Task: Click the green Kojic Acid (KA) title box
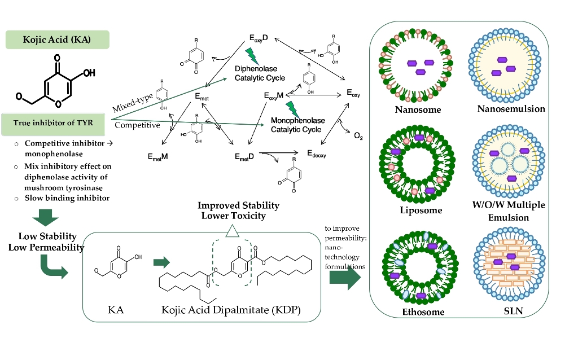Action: tap(57, 39)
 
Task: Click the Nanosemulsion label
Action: tap(511, 108)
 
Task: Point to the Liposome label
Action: tap(419, 210)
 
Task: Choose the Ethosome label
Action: tap(423, 311)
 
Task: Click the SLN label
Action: tap(511, 311)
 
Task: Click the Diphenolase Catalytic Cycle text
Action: tap(260, 73)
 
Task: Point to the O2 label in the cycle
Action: tap(358, 136)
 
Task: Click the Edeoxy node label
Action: tap(317, 153)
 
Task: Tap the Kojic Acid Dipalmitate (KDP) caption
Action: tap(231, 310)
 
